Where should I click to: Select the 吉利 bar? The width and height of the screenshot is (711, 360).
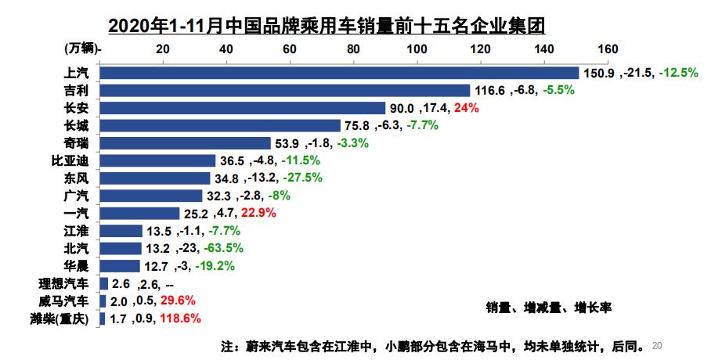click(286, 90)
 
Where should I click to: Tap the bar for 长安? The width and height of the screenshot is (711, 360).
click(244, 108)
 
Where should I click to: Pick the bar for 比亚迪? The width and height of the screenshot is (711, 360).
click(158, 160)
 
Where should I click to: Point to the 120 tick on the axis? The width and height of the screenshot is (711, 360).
click(480, 49)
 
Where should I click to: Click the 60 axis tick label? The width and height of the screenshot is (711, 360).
click(289, 49)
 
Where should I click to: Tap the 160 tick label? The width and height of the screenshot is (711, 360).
click(607, 49)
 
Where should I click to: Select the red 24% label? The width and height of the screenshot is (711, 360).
click(466, 108)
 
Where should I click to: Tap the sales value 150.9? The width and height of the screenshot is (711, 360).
click(600, 73)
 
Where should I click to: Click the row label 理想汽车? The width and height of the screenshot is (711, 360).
click(68, 283)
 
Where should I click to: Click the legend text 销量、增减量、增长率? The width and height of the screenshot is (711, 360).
click(548, 308)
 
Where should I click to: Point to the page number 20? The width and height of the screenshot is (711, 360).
click(657, 344)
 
